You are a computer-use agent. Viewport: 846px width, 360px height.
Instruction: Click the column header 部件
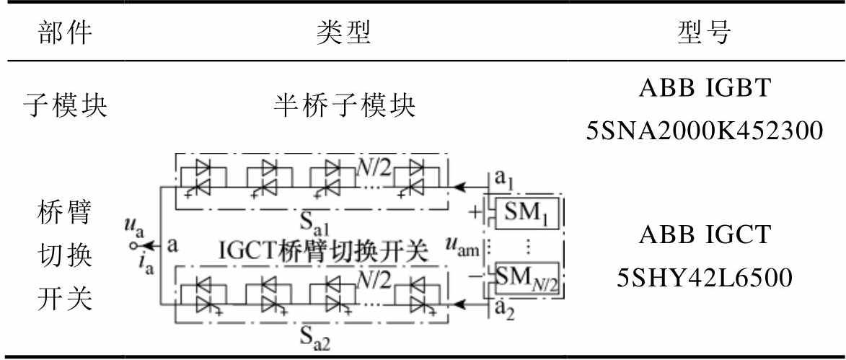[65, 33]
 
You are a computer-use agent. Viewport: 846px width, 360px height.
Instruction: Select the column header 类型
[344, 33]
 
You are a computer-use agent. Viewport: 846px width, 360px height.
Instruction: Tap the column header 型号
[704, 33]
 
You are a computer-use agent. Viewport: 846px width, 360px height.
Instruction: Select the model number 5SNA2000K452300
[704, 130]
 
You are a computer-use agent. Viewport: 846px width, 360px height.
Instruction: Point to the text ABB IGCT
[704, 235]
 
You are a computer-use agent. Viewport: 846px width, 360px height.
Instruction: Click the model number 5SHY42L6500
[704, 278]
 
